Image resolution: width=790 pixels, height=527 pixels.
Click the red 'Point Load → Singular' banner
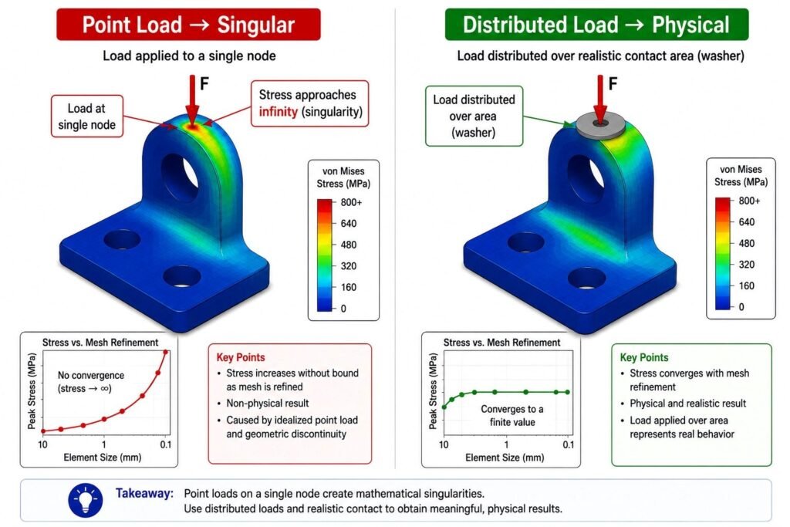[x=188, y=24]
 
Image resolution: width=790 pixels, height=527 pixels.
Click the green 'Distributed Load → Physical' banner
[x=596, y=24]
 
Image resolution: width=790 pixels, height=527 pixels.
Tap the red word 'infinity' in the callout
[x=278, y=111]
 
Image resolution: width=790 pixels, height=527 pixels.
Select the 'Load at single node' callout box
[x=86, y=117]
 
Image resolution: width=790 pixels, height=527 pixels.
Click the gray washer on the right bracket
[x=600, y=124]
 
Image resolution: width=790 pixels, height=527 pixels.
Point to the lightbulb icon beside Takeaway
[x=86, y=500]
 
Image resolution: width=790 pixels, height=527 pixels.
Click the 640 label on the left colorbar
[x=348, y=223]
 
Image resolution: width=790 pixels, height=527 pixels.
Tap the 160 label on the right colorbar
[x=746, y=285]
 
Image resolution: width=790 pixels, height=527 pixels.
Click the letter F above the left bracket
[x=204, y=83]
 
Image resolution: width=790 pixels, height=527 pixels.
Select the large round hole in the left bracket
[x=179, y=178]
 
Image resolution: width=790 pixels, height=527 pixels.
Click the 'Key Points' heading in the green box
[x=644, y=357]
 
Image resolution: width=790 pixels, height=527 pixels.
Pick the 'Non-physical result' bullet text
[x=268, y=403]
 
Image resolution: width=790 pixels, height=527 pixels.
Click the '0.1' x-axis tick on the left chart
[x=166, y=444]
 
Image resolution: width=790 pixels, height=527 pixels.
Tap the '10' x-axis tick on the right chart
[x=444, y=444]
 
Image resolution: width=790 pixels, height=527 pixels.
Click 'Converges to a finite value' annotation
[x=512, y=416]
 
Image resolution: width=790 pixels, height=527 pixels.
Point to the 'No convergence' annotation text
[x=91, y=375]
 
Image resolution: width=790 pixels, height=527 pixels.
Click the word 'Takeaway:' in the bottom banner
[x=144, y=493]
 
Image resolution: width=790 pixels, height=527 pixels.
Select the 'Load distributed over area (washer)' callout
[x=474, y=116]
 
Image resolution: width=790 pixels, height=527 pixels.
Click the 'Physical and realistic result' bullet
[x=687, y=403]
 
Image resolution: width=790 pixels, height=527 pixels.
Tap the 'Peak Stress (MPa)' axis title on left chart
[x=32, y=392]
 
